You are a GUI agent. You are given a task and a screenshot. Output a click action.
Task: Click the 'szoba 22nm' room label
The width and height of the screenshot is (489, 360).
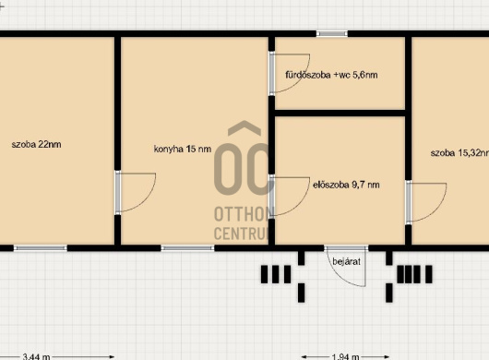pos(36,144)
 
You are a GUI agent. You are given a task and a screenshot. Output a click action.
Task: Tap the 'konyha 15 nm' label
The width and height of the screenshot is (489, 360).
pos(183,150)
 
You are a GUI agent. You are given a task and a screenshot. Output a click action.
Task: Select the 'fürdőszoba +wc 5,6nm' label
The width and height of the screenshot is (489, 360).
pos(331,75)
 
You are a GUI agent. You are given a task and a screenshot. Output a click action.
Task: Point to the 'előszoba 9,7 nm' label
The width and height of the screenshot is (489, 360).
pos(346,185)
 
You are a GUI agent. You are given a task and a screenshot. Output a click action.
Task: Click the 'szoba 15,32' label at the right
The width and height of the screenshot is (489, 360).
pos(459,153)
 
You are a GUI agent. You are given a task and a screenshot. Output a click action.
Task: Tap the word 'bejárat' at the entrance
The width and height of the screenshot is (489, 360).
pos(346,261)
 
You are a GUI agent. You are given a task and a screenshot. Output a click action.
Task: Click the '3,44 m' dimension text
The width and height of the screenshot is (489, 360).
pos(36,356)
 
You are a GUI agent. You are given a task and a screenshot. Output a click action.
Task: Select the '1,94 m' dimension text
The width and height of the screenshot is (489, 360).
pos(345,356)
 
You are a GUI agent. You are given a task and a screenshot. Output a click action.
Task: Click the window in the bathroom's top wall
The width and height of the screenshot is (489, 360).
pos(332,33)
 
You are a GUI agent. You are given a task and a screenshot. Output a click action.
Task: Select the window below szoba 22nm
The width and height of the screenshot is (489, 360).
pos(41,248)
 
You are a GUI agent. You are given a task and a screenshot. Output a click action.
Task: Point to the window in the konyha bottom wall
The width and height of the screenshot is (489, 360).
pos(187,248)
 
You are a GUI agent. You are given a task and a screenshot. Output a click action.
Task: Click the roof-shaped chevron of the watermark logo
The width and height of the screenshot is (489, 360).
pos(244,128)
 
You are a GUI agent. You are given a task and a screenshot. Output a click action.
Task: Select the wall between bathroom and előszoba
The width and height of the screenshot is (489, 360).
pos(340,113)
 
